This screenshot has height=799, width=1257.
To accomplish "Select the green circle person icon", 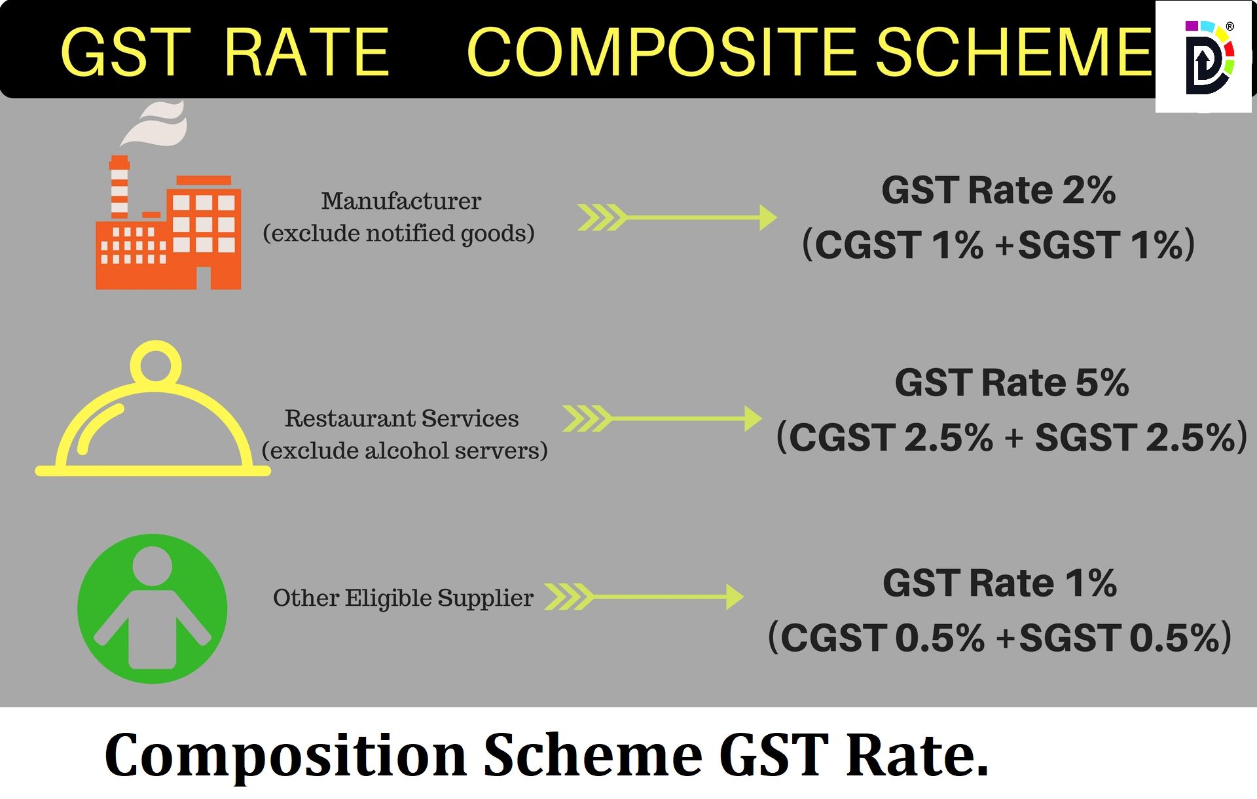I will pyautogui.click(x=153, y=609).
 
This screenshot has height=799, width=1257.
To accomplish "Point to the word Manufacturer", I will pyautogui.click(x=401, y=201).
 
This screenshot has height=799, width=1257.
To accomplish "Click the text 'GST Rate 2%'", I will pyautogui.click(x=998, y=191).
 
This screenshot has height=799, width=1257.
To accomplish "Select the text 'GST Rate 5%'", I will pyautogui.click(x=1011, y=382).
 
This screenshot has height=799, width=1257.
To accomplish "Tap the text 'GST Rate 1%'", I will pyautogui.click(x=999, y=583).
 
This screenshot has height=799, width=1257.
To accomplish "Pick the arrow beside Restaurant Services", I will pyautogui.click(x=661, y=418).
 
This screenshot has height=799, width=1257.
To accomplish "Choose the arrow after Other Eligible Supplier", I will pyautogui.click(x=644, y=597).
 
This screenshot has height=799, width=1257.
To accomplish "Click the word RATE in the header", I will pyautogui.click(x=306, y=52).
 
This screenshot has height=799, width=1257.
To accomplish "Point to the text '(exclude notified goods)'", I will pyautogui.click(x=399, y=233).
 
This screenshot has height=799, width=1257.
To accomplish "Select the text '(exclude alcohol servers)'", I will pyautogui.click(x=404, y=451).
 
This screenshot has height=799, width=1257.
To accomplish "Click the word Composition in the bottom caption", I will pyautogui.click(x=285, y=755).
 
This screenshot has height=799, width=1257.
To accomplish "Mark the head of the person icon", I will pyautogui.click(x=153, y=567).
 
